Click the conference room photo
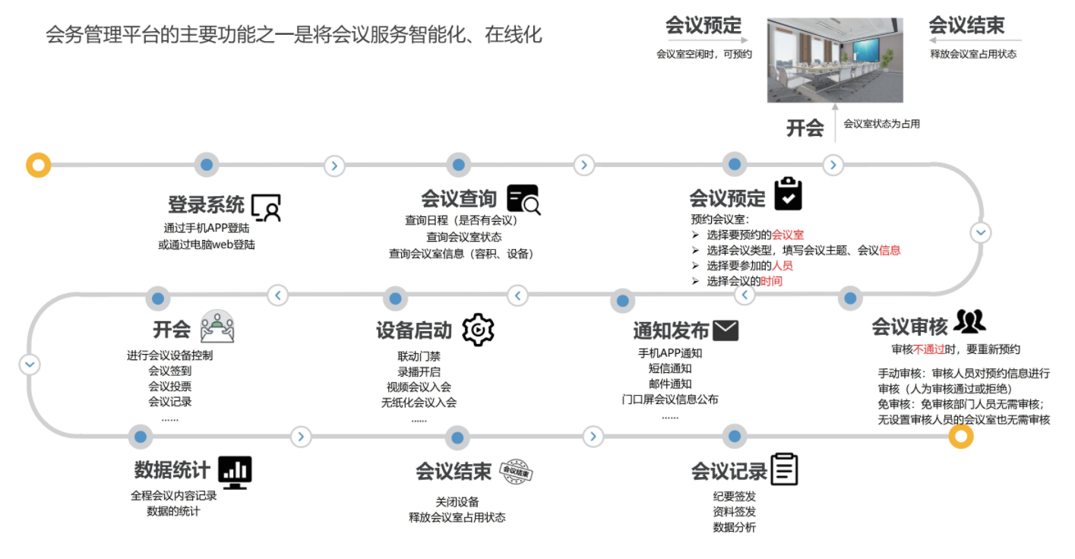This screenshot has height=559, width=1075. tap(835, 60)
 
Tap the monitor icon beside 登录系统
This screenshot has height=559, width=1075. tap(266, 206)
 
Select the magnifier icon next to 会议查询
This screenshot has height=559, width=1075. tap(523, 199)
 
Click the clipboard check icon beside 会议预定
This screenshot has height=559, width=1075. tap(788, 194)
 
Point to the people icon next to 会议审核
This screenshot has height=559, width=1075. tap(969, 322)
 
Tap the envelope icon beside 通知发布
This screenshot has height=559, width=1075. tap(726, 330)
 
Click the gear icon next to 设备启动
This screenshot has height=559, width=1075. tap(478, 330)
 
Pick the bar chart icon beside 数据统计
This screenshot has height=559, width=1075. tap(235, 472)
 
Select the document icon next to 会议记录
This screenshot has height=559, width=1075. tap(784, 469)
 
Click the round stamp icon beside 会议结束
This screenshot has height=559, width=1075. tap(517, 472)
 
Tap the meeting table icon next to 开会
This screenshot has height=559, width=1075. tap(217, 327)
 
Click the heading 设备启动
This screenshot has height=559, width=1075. tap(414, 331)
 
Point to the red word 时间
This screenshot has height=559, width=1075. tap(771, 281)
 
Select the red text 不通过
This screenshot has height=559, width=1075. tap(929, 349)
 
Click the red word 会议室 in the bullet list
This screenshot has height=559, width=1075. tap(788, 235)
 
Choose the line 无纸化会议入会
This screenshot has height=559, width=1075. tap(419, 403)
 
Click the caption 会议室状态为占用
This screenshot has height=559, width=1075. tap(881, 124)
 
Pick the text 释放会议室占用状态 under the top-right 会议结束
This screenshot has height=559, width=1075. tap(973, 54)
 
